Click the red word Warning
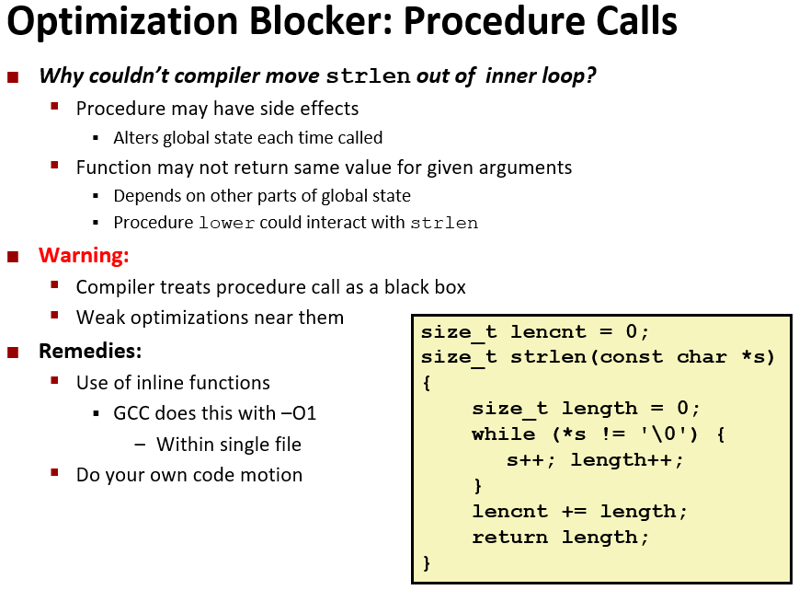(84, 255)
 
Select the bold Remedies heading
(90, 351)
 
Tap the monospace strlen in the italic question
(368, 76)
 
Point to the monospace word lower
(226, 224)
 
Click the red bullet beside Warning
(13, 256)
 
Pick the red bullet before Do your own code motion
(55, 472)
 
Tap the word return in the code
(509, 537)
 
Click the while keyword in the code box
(504, 434)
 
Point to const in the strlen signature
(632, 357)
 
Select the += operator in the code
(575, 512)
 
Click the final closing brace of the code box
(427, 563)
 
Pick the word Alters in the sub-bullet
(136, 138)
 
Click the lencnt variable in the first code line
(548, 332)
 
